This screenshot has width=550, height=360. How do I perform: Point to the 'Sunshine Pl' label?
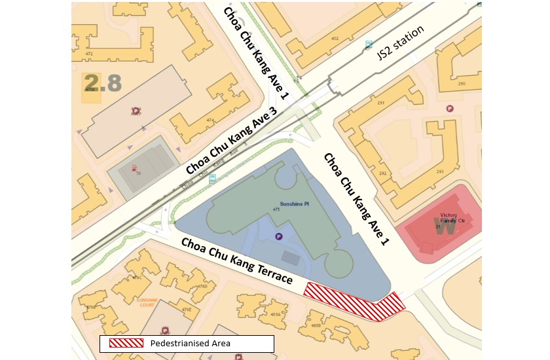point(285,204)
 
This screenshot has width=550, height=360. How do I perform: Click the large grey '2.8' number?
point(103,83)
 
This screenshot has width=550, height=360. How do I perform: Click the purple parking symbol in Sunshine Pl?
point(280,237)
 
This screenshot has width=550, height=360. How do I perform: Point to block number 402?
point(335,39)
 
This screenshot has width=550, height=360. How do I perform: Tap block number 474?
point(210,120)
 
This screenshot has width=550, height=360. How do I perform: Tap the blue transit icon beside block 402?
point(369,46)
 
